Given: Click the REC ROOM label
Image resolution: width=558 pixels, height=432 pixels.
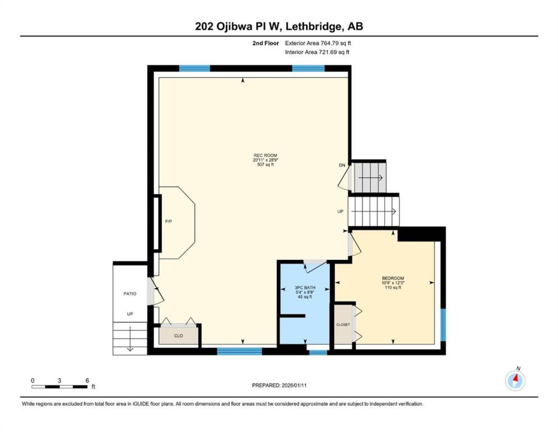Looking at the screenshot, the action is point(265,155).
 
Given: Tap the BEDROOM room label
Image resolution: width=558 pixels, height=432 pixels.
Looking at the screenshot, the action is point(393,278).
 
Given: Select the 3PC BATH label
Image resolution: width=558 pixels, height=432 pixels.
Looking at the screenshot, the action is point(305,288).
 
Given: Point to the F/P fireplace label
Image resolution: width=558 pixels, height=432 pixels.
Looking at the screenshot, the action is point(168,221).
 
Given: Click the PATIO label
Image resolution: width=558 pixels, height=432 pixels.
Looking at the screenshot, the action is point(130,294).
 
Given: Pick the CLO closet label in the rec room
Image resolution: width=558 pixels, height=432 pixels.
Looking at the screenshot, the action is point(178,336).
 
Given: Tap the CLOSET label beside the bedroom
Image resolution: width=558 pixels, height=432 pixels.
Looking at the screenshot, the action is point(343,324).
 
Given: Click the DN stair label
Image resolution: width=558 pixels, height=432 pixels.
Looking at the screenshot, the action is point(342,165).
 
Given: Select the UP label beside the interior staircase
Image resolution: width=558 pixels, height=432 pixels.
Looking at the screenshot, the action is point(340,211).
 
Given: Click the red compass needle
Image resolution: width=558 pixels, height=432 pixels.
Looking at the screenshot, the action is point(516,378).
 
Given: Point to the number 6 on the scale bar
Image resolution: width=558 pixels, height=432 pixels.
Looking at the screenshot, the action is point(87,380).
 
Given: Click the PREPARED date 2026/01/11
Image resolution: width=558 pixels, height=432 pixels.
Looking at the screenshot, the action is point(294,385).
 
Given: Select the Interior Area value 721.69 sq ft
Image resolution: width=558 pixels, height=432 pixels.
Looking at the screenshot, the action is point(334,52).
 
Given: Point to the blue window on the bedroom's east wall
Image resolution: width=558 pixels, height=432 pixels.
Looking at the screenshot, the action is point(443,325).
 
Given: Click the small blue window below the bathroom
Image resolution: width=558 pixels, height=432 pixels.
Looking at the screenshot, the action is point(318,352).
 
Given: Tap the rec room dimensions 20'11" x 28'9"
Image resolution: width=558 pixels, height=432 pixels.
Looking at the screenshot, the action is point(265,160).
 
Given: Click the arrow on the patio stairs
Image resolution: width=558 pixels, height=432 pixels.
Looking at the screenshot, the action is point(130,338).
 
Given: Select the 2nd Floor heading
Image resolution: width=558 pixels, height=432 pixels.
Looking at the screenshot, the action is point(265,43).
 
